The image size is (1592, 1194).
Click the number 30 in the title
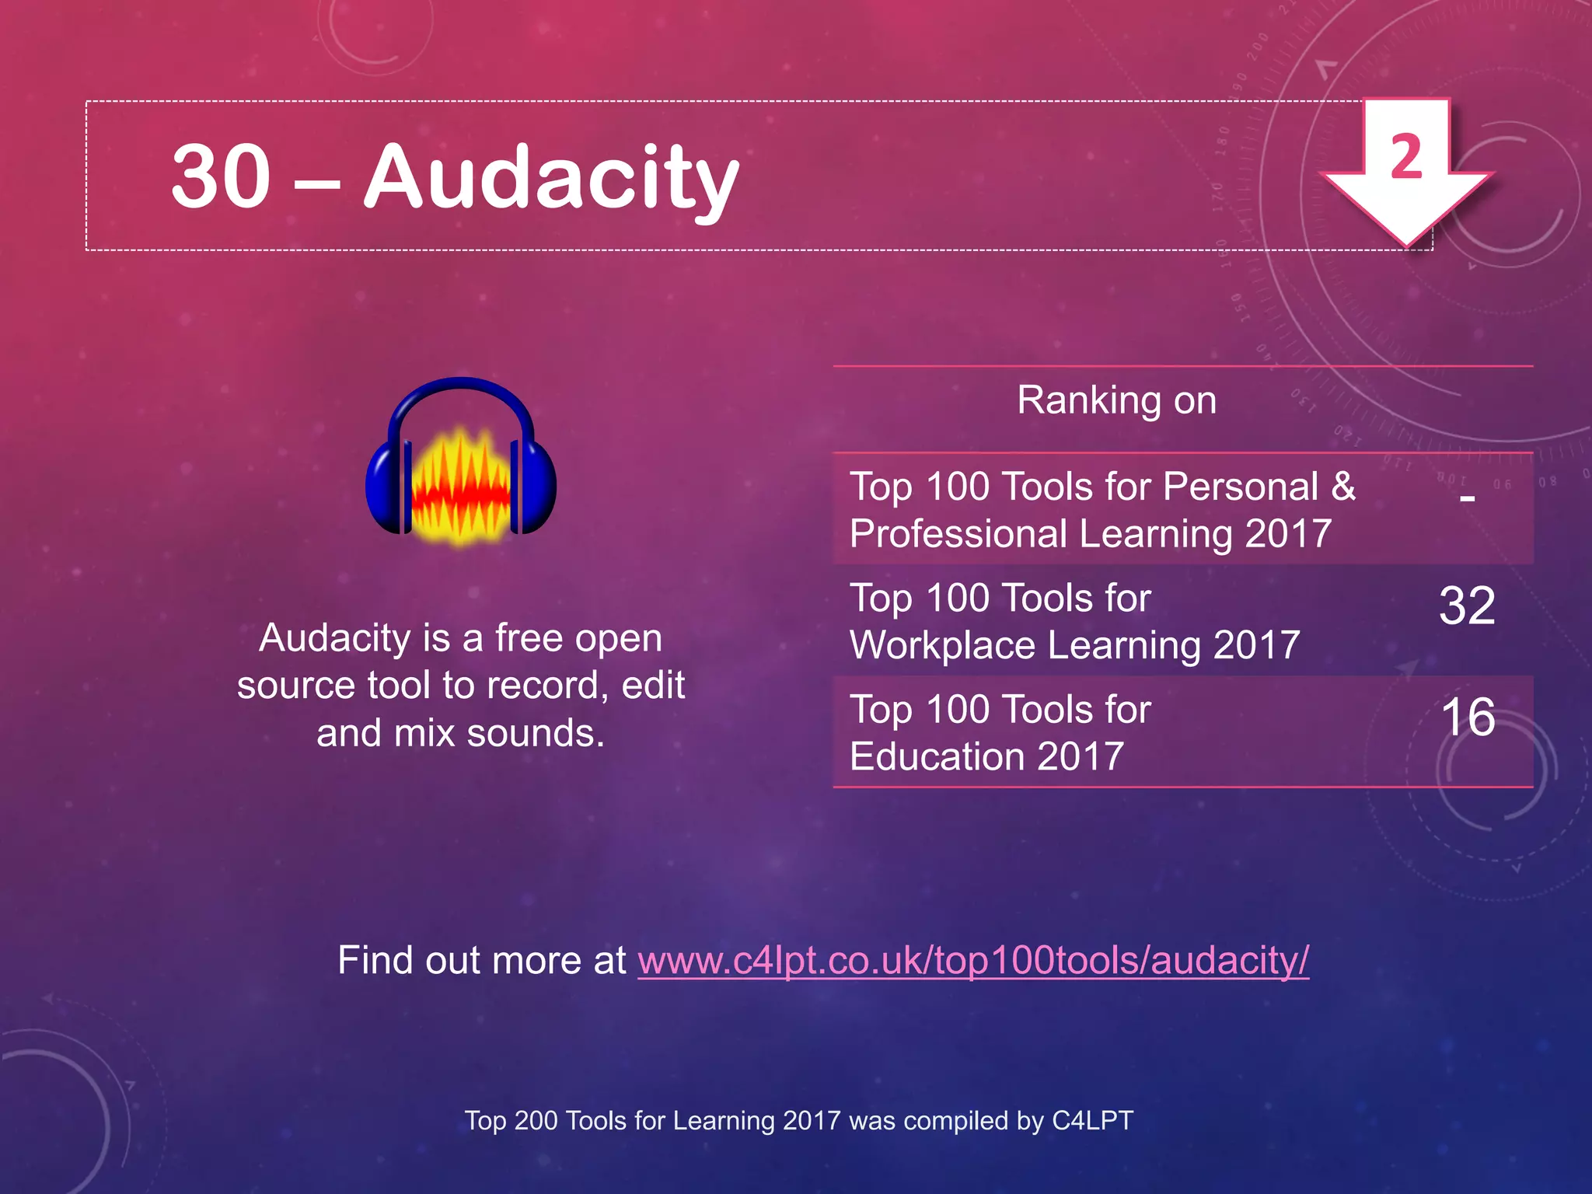[221, 176]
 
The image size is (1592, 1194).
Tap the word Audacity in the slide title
[551, 178]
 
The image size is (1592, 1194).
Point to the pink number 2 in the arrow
[1406, 157]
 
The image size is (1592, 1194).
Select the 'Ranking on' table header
[1116, 400]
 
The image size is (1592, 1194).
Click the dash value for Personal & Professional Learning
[1467, 497]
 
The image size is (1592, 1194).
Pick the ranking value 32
[1467, 606]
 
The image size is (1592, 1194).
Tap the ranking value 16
[1467, 717]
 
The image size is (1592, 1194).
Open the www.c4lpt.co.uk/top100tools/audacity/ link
[973, 960]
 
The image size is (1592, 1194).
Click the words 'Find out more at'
[482, 960]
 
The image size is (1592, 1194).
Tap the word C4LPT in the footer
[1092, 1120]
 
